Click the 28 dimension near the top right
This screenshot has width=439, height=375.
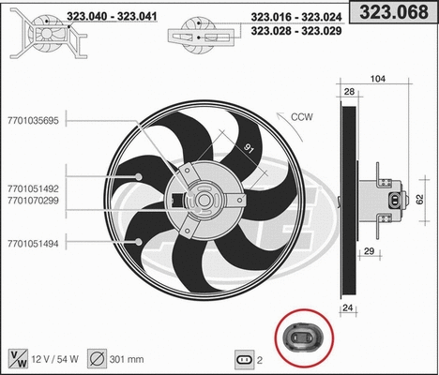pos(349,93)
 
